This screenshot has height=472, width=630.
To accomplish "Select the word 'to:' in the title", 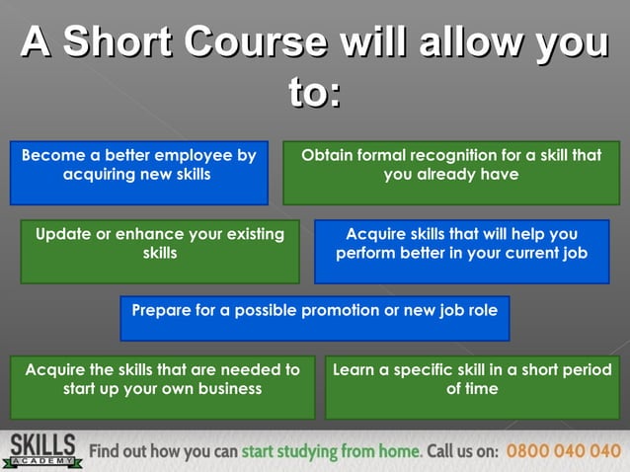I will tap(314, 94).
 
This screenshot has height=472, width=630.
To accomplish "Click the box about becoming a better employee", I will tap(138, 173).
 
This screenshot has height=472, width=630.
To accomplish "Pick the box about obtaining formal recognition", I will tap(451, 173).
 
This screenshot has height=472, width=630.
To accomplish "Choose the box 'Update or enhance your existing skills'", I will tap(160, 251).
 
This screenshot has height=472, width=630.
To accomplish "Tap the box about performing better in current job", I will tap(461, 251).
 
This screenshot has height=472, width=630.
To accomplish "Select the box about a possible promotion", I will tap(315, 318).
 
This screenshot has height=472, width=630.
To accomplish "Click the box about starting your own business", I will tap(163, 386).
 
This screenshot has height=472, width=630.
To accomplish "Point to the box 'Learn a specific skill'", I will tap(472, 386).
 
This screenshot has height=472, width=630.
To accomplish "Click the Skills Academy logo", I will tap(43, 450).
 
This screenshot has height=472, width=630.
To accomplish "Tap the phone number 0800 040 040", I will tap(564, 451).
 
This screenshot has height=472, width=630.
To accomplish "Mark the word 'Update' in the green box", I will tap(63, 234).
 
